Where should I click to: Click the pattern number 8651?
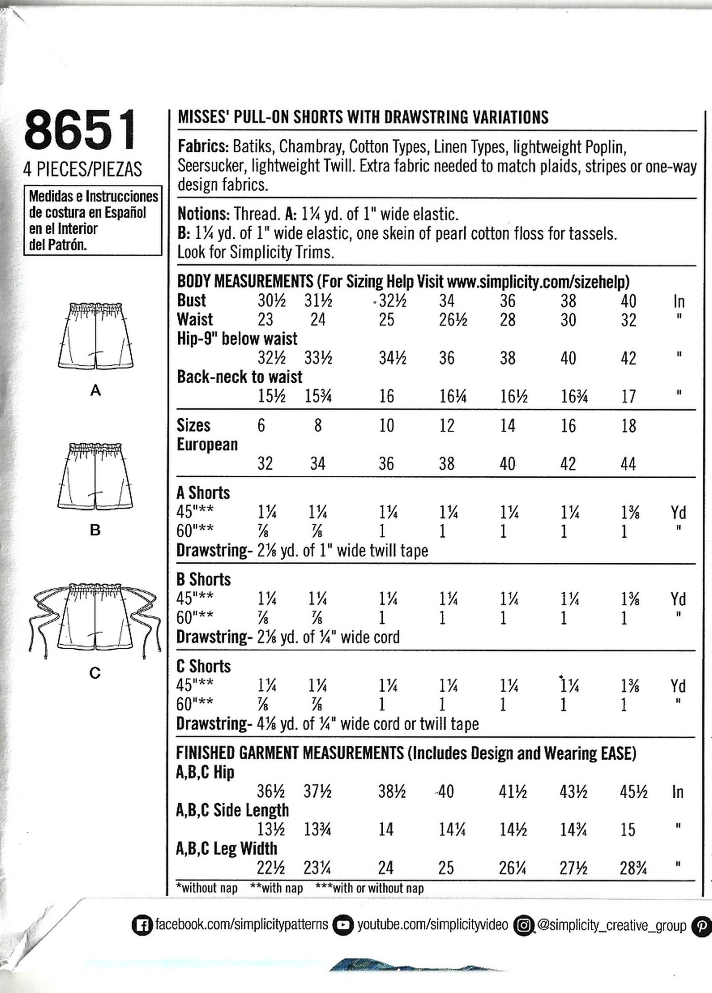pyautogui.click(x=80, y=130)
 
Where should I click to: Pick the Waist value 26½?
pyautogui.click(x=453, y=320)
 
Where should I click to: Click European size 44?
pyautogui.click(x=628, y=464)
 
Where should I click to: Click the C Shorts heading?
pyautogui.click(x=203, y=666)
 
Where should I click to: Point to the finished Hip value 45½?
pyautogui.click(x=633, y=792)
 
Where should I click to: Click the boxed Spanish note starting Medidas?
pyautogui.click(x=92, y=220)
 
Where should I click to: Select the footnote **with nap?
pyautogui.click(x=276, y=888)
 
